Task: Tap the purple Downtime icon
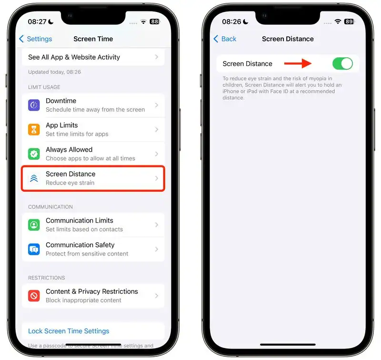click(x=34, y=105)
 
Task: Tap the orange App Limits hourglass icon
click(x=34, y=129)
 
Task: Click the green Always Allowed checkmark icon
click(x=34, y=154)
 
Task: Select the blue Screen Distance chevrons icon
click(x=34, y=178)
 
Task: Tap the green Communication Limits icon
click(x=34, y=225)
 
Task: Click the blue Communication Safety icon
click(x=34, y=249)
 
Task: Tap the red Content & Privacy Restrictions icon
click(x=34, y=296)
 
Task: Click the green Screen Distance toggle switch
click(x=342, y=64)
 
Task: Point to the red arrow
click(x=298, y=63)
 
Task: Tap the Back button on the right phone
click(x=224, y=39)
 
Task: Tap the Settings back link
click(x=35, y=39)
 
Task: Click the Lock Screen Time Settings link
click(x=69, y=331)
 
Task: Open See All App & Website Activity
click(x=74, y=57)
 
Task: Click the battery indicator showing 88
click(x=154, y=21)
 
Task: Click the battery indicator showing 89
click(x=349, y=21)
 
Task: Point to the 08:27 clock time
click(x=37, y=22)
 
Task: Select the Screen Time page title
click(x=93, y=39)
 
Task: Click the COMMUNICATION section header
click(x=50, y=207)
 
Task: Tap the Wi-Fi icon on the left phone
click(x=143, y=21)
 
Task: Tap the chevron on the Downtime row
click(x=157, y=105)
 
